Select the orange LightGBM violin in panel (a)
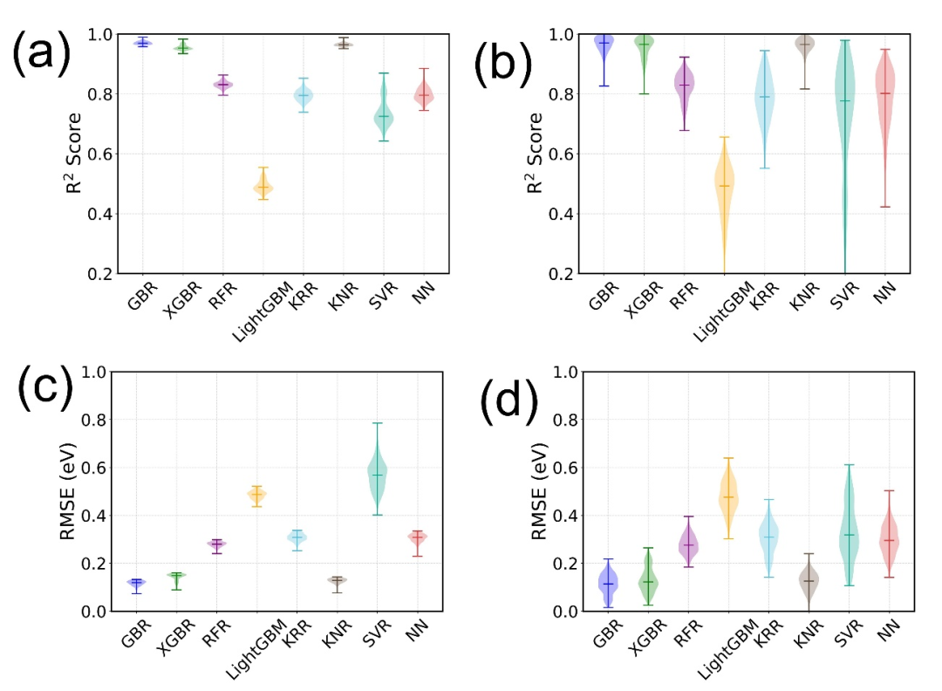pyautogui.click(x=263, y=186)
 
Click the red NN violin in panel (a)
pyautogui.click(x=424, y=93)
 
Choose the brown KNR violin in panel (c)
pyautogui.click(x=338, y=580)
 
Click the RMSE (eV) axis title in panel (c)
pyautogui.click(x=68, y=491)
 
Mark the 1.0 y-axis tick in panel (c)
pyautogui.click(x=93, y=372)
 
